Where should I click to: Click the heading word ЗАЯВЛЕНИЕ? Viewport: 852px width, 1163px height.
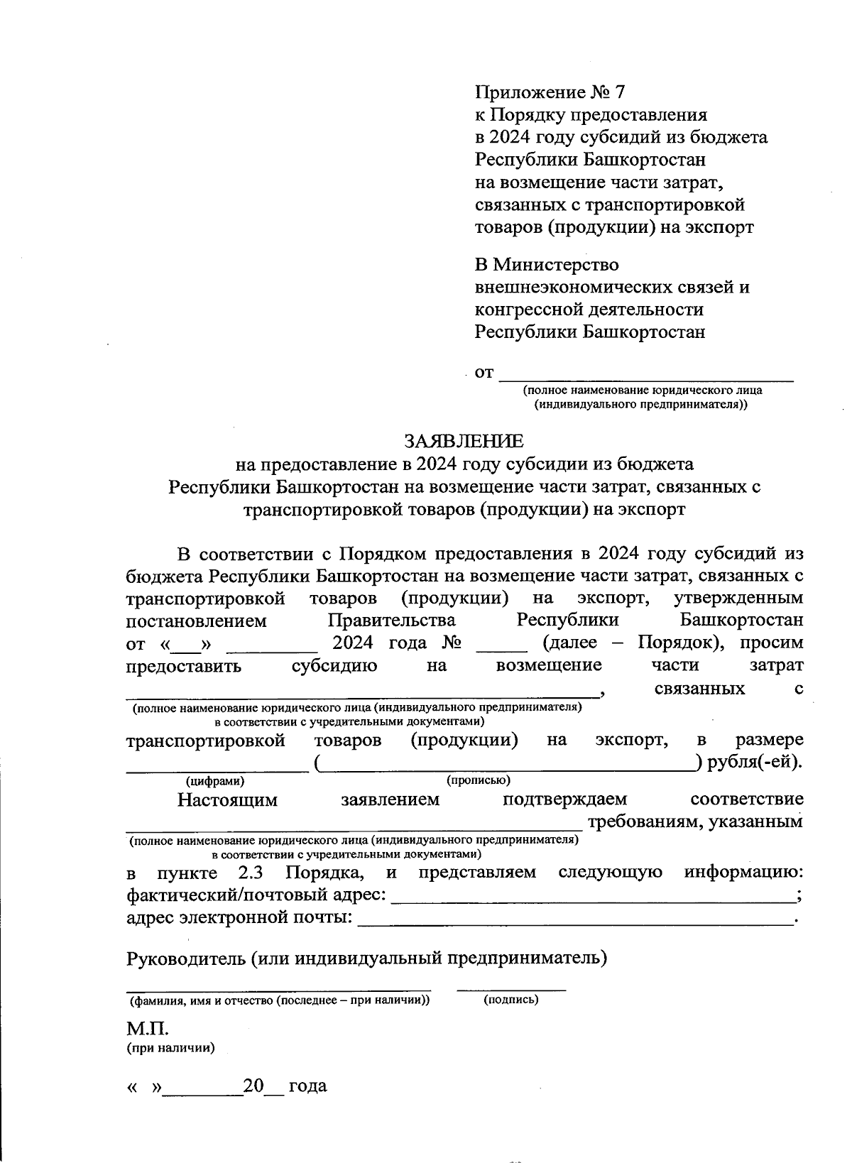click(x=464, y=441)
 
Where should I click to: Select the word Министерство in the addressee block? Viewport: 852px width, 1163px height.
click(x=555, y=265)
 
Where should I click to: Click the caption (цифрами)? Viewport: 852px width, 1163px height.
click(x=214, y=781)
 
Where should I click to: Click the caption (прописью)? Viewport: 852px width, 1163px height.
click(x=479, y=780)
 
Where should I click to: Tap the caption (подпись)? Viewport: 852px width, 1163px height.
click(x=510, y=1000)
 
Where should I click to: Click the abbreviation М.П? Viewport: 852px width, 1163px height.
click(x=147, y=1029)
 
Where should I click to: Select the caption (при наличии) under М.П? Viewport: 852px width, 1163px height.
click(x=170, y=1048)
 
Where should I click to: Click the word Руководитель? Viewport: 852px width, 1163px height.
click(x=185, y=959)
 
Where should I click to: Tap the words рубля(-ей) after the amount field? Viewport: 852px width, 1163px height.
click(x=755, y=763)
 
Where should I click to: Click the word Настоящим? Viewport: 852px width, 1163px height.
click(x=227, y=800)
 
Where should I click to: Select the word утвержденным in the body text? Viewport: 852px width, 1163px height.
click(x=738, y=598)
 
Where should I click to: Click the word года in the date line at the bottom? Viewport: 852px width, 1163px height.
click(x=308, y=1086)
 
